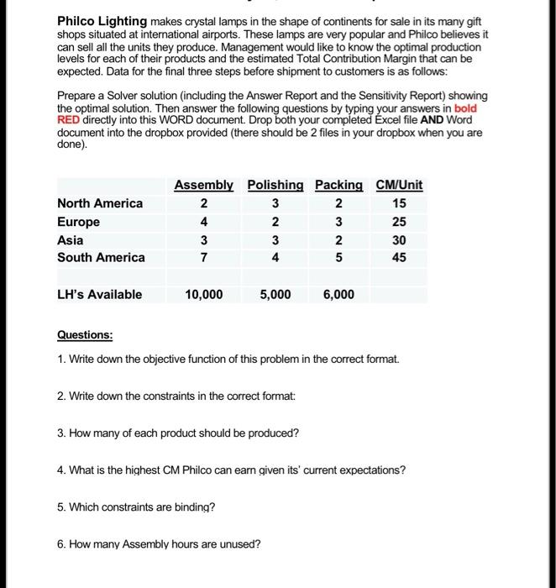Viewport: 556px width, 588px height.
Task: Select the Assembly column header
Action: (x=203, y=185)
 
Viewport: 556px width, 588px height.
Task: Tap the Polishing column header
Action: (x=275, y=185)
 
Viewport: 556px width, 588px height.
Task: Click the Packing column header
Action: (x=338, y=185)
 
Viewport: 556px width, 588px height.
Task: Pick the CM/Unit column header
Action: (x=399, y=185)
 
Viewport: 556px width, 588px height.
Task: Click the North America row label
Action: (x=100, y=203)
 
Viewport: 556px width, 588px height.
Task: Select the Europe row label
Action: (x=78, y=222)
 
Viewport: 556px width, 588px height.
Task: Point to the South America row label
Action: (x=101, y=257)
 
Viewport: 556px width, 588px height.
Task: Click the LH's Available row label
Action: (x=99, y=294)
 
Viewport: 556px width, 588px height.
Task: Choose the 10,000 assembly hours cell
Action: (x=203, y=295)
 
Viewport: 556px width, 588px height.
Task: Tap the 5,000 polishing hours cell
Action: (x=275, y=295)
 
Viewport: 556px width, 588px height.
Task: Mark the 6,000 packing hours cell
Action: (x=338, y=295)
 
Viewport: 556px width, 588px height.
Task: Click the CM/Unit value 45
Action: (x=399, y=258)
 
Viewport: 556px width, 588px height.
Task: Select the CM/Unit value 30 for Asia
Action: (x=399, y=239)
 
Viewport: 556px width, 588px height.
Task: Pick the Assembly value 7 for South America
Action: (x=203, y=258)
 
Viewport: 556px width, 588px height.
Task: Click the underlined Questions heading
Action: (x=85, y=334)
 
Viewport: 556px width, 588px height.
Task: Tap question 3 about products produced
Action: (x=178, y=433)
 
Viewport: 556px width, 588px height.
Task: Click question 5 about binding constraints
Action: (x=136, y=507)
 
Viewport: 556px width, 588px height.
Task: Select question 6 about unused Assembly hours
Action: (x=159, y=543)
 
